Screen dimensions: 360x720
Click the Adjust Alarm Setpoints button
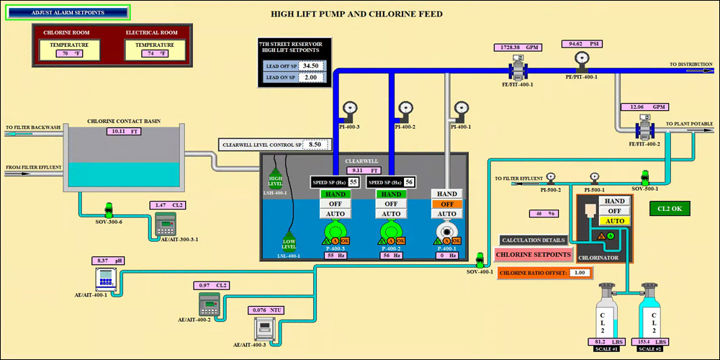[x=68, y=12]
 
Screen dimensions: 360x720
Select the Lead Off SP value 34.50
[x=310, y=66]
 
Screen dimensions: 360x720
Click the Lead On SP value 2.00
[x=310, y=77]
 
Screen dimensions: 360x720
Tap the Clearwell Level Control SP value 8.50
[x=315, y=144]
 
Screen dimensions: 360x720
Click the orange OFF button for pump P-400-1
[x=447, y=204]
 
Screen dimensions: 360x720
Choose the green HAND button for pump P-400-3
[x=335, y=194]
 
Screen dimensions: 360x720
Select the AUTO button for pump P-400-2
[x=391, y=214]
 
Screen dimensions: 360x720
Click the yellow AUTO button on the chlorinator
[x=615, y=221]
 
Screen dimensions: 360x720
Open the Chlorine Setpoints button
[x=534, y=255]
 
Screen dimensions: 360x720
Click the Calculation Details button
[x=534, y=240]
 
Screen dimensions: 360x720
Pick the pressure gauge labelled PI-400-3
[x=350, y=109]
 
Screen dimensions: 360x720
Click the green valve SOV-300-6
[x=109, y=210]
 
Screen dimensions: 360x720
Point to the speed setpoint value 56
[x=409, y=182]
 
